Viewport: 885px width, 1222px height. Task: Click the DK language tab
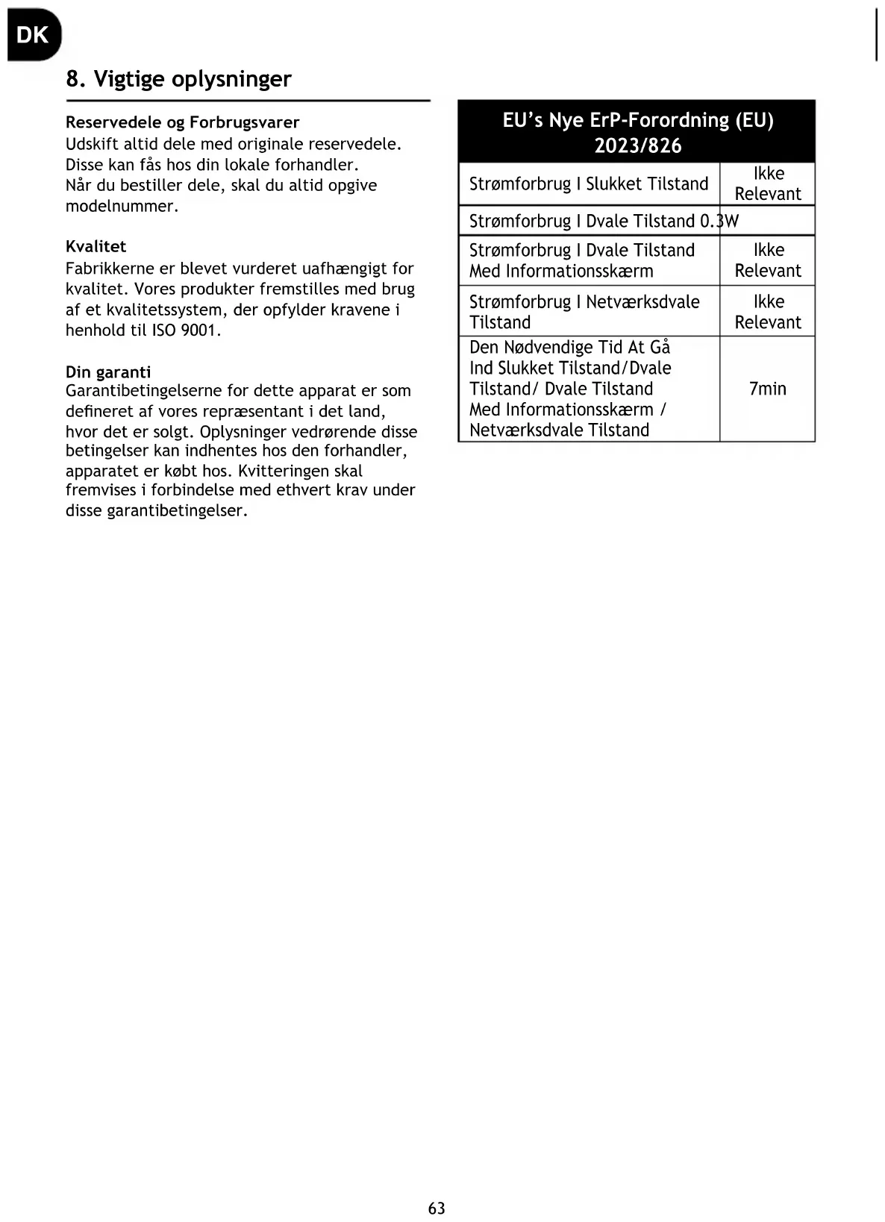point(32,35)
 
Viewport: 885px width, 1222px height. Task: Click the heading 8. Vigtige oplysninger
point(178,79)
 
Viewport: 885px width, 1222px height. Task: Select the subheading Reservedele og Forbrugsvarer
point(182,122)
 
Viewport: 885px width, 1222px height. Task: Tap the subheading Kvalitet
point(96,246)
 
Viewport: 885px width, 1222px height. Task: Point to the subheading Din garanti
point(108,372)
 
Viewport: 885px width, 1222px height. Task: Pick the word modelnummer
point(121,206)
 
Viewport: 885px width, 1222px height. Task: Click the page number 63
point(437,1208)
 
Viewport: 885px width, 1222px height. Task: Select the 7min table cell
point(767,389)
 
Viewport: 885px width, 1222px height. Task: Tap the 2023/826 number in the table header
point(638,145)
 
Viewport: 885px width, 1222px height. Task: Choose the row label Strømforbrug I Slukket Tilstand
point(588,184)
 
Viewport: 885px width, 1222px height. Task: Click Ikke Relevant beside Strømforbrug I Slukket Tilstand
point(768,184)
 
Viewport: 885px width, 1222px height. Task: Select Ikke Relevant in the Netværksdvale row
point(768,312)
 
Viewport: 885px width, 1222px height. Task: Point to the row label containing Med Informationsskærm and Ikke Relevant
point(581,260)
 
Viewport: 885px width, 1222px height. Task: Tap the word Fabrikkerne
point(110,268)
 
